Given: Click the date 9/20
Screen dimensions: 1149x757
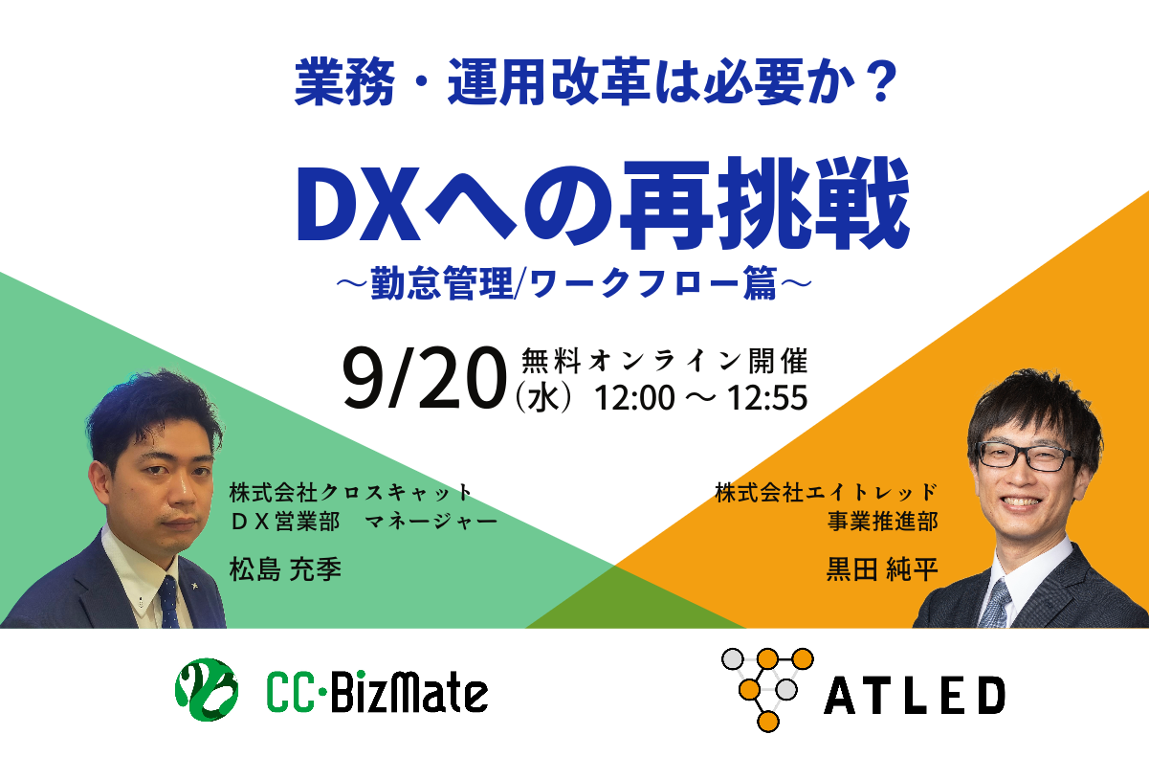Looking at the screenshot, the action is pos(425,378).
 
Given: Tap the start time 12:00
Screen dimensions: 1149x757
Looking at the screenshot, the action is pos(634,398).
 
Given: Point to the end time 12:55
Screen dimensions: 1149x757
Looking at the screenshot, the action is pos(767,398).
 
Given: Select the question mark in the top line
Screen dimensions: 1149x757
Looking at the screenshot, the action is pos(880,81).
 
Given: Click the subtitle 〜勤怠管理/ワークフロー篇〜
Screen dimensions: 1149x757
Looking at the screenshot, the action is pos(574,282).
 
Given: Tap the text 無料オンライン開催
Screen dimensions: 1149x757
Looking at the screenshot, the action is pos(665,362).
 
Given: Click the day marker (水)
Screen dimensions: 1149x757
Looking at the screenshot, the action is pos(543,398).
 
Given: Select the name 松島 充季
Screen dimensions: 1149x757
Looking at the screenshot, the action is pos(285,568).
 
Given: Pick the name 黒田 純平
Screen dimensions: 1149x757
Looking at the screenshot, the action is pos(882,568).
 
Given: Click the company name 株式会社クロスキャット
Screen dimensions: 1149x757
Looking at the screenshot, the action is pos(350,492).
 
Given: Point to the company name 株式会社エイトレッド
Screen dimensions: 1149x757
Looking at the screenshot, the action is pos(827,492).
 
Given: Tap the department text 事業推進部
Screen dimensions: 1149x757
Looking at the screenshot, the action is pos(882,522).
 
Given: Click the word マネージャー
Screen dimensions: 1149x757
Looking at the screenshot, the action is pos(431,522).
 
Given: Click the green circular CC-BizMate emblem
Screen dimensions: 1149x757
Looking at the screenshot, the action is pos(207,689).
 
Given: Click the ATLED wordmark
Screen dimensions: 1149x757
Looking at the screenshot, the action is pos(914,696).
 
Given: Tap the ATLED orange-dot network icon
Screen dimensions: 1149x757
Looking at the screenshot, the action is pos(767,689).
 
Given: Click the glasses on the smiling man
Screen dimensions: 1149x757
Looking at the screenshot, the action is pos(1026,456).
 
